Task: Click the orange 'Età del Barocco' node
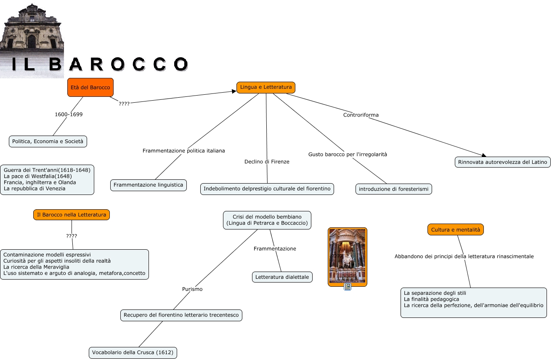(90, 88)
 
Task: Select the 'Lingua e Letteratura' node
(266, 87)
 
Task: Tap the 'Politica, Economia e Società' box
(48, 141)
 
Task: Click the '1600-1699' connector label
(69, 115)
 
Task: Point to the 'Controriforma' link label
(361, 115)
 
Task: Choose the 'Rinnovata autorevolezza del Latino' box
(502, 162)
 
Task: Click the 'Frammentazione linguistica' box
(149, 185)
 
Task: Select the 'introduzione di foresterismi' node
(393, 189)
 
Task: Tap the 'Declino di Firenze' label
(267, 162)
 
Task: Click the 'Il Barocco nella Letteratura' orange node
(72, 215)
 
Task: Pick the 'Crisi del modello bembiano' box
(267, 220)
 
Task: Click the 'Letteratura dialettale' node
(282, 277)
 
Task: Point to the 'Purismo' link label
(192, 289)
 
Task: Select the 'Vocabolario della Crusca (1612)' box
(133, 353)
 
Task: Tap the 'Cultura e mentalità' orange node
(456, 230)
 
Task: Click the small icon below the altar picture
(348, 287)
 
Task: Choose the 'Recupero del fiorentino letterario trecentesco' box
(181, 315)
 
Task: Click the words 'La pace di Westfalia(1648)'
(38, 176)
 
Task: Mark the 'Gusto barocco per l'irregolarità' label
(348, 155)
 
